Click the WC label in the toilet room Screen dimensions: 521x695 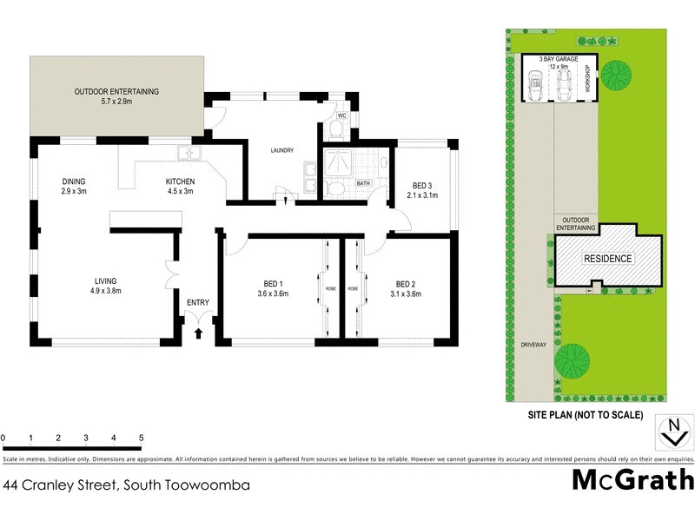(341, 115)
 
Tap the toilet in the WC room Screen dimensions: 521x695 (337, 131)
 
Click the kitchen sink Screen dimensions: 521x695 (188, 155)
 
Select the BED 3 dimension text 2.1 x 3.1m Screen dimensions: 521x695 (422, 195)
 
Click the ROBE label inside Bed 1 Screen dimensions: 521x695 (330, 288)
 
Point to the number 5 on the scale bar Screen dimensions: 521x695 (141, 439)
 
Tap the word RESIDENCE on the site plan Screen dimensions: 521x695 (608, 259)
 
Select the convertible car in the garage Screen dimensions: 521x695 (535, 84)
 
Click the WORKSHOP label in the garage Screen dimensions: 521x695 (587, 80)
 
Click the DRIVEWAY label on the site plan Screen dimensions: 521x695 (533, 345)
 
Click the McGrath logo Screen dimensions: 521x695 (632, 479)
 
